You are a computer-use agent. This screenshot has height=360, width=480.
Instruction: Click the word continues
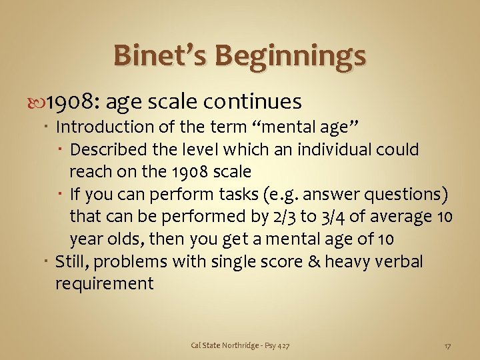tap(253, 102)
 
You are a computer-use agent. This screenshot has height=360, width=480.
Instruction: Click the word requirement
tap(104, 284)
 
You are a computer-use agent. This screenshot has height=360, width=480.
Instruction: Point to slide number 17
tap(448, 345)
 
